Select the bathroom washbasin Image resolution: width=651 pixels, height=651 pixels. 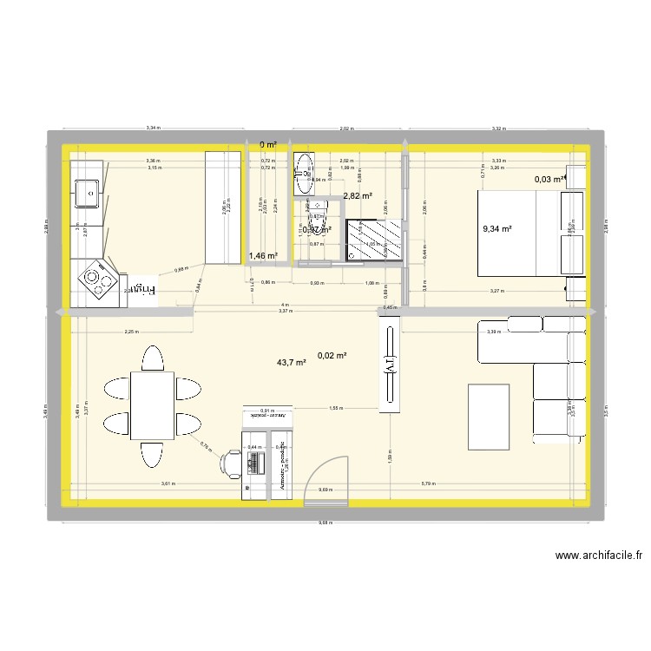305,173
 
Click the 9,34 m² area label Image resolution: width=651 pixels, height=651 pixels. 496,230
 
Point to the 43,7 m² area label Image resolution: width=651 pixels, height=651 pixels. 291,363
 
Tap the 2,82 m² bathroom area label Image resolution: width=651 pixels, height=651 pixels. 358,196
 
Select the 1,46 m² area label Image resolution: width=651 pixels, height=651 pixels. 263,256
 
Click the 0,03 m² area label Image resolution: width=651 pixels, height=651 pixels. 550,180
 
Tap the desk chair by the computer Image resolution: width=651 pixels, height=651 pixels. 231,463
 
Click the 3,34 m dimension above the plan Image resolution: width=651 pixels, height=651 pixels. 152,128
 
